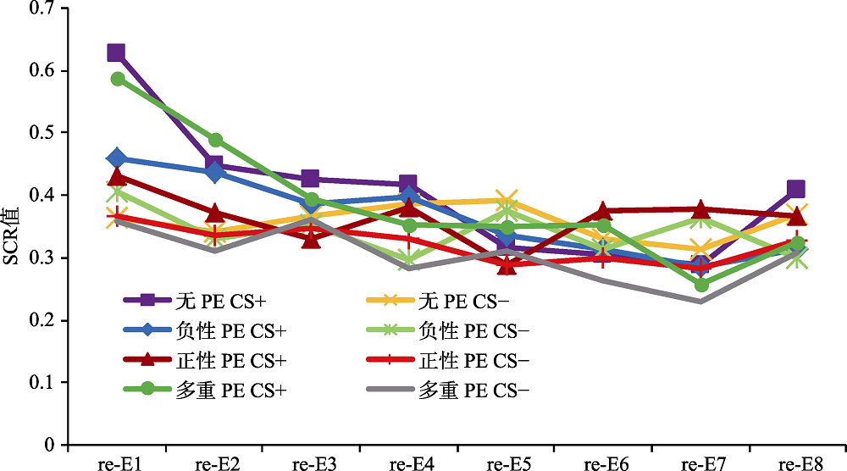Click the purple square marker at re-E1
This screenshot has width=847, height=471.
[x=116, y=53]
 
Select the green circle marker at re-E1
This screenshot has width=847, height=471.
[x=117, y=79]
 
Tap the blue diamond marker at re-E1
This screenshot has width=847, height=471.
[x=117, y=158]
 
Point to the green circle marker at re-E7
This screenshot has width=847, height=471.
[x=701, y=285]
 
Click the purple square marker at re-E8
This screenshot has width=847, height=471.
[x=795, y=189]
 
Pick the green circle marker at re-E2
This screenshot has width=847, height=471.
[x=215, y=140]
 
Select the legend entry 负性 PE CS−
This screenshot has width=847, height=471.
[x=452, y=330]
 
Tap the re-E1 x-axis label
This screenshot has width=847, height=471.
[x=117, y=463]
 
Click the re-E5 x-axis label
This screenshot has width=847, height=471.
[x=507, y=463]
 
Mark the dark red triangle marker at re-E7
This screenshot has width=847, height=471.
[x=701, y=209]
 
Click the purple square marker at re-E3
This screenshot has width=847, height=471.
[x=310, y=179]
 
